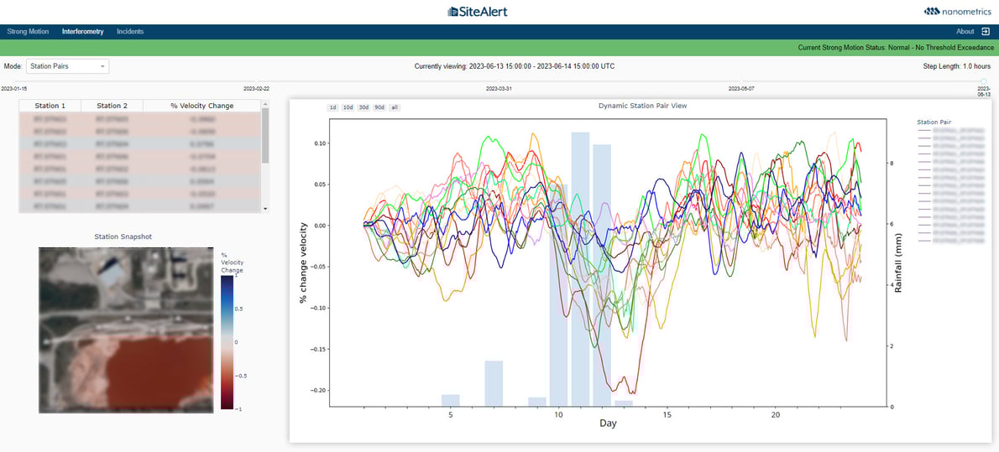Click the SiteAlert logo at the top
478,12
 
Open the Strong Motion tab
28,32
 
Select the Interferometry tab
82,32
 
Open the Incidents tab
130,32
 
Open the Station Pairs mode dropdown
67,66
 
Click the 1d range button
332,107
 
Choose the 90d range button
379,107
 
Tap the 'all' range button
395,107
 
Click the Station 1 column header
50,106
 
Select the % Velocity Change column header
201,106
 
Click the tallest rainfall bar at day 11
580,268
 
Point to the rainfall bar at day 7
494,383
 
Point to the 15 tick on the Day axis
667,415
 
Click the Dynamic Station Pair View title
642,107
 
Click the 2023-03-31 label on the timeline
499,88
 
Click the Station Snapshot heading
123,236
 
